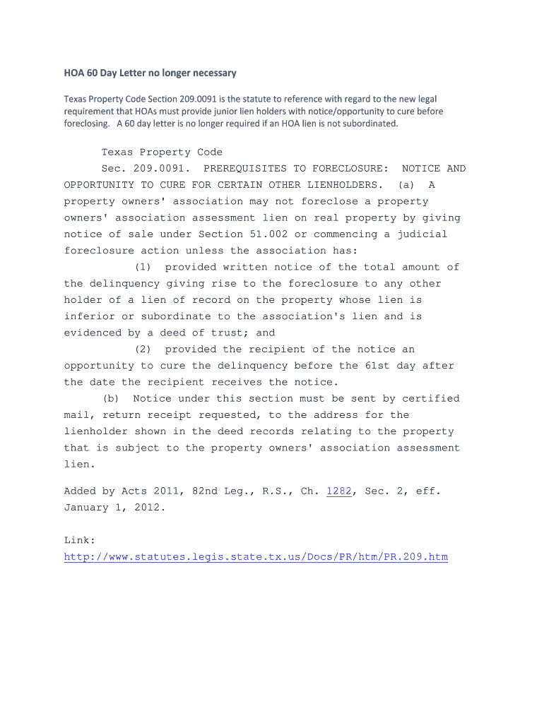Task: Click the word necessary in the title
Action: [x=209, y=73]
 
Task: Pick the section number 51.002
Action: [x=268, y=234]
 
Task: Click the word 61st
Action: [x=403, y=366]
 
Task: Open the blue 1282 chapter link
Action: [x=338, y=491]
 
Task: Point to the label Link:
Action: [x=80, y=541]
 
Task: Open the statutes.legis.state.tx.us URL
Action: [x=256, y=557]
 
